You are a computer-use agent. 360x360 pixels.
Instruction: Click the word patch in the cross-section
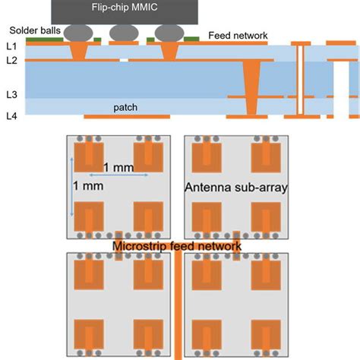point(125,108)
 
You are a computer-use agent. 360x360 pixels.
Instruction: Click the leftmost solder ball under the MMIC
point(79,33)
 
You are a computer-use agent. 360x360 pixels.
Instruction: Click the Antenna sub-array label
point(235,187)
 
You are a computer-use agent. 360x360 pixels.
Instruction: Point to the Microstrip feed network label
point(176,246)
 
